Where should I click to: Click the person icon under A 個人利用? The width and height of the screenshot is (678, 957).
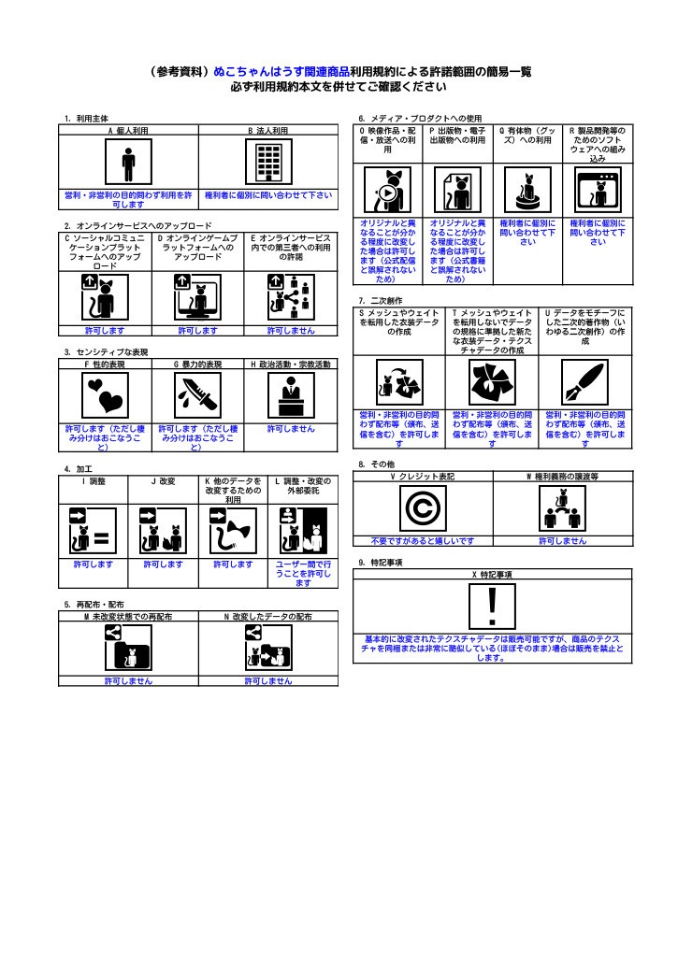(128, 162)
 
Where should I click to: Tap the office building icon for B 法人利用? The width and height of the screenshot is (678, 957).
(268, 162)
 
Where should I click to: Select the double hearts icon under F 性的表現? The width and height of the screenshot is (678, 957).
(105, 395)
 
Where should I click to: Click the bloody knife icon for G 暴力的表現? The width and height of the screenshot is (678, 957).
(198, 395)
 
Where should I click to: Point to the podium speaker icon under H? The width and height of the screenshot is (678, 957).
(292, 395)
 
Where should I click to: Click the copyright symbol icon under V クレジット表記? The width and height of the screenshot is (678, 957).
(423, 507)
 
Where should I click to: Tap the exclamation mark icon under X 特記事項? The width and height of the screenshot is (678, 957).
(492, 606)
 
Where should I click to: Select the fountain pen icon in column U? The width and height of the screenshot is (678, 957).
(585, 382)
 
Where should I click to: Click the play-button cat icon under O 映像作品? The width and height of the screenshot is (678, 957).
(388, 191)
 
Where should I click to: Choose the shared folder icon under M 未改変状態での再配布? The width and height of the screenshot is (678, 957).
(128, 648)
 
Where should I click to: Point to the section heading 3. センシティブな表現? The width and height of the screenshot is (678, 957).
(107, 352)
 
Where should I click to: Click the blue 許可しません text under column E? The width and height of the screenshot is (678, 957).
(291, 331)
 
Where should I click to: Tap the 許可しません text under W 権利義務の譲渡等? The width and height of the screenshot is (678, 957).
(563, 541)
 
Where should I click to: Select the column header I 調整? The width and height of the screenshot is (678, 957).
(94, 481)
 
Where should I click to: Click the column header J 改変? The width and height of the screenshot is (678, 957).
(163, 481)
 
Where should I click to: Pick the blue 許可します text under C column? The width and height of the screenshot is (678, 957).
(105, 331)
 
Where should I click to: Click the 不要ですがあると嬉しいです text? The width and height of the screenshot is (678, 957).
(423, 541)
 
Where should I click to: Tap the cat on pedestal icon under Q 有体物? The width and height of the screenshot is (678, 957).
(527, 191)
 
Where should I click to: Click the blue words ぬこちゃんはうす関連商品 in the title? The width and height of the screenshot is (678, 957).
(281, 71)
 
